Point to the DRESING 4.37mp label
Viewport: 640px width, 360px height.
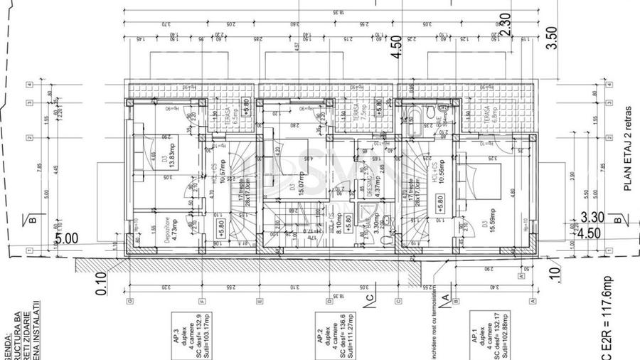point(370,187)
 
